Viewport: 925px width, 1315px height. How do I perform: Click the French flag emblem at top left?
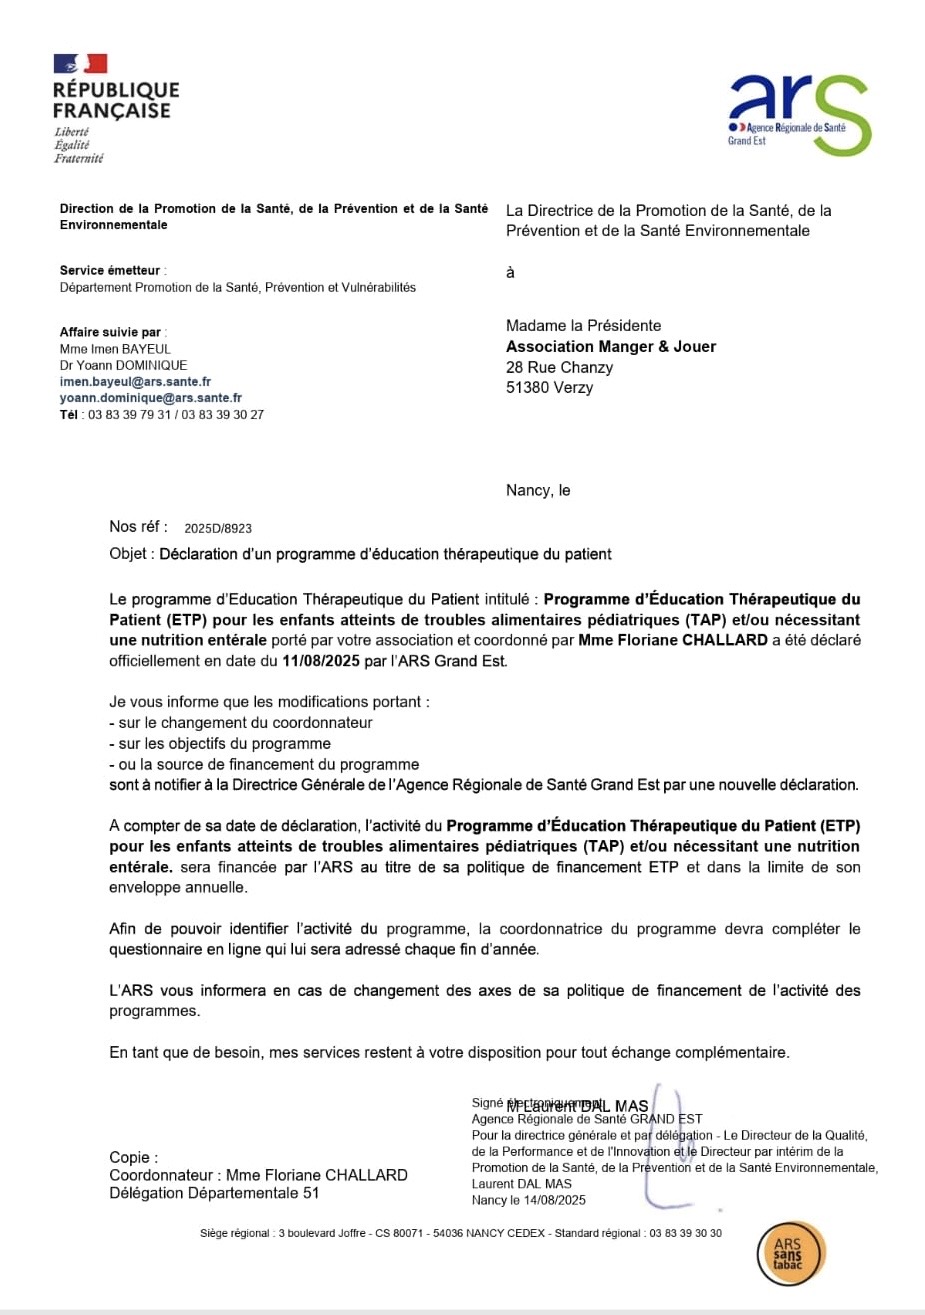coord(80,64)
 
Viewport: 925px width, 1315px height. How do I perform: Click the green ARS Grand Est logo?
coord(800,113)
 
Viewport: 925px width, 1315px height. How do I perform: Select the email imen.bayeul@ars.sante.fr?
coord(135,382)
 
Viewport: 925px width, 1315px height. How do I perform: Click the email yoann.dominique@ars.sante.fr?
coord(150,398)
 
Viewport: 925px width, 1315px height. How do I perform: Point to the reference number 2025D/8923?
coord(218,528)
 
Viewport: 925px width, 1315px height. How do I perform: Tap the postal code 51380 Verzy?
coord(549,388)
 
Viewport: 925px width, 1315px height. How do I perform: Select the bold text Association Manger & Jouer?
coord(611,347)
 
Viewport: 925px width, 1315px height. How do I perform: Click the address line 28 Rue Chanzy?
coord(559,367)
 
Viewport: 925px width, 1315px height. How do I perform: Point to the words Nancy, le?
coord(538,490)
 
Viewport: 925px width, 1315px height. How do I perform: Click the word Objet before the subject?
coord(130,554)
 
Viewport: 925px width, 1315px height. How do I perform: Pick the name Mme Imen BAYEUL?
coord(115,349)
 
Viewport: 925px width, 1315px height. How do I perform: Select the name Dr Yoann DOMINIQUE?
coord(123,365)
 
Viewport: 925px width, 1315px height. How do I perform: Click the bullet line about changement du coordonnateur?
coord(240,723)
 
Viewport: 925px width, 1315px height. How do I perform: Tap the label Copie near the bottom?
coord(132,1157)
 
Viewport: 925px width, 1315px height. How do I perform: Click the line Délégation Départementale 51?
coord(214,1193)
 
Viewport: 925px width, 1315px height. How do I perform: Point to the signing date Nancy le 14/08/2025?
coord(528,1200)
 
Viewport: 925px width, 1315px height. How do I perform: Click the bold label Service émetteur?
coord(110,271)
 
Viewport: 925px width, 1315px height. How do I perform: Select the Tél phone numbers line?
coord(162,414)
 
